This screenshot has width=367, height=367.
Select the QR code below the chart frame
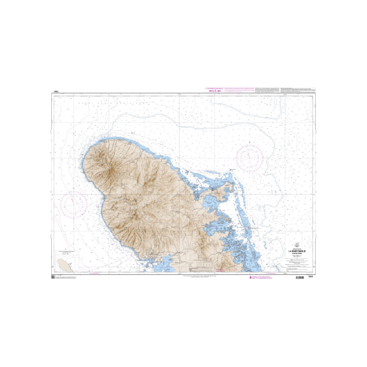[x=54, y=278]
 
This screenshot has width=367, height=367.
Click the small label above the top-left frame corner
[x=56, y=93]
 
